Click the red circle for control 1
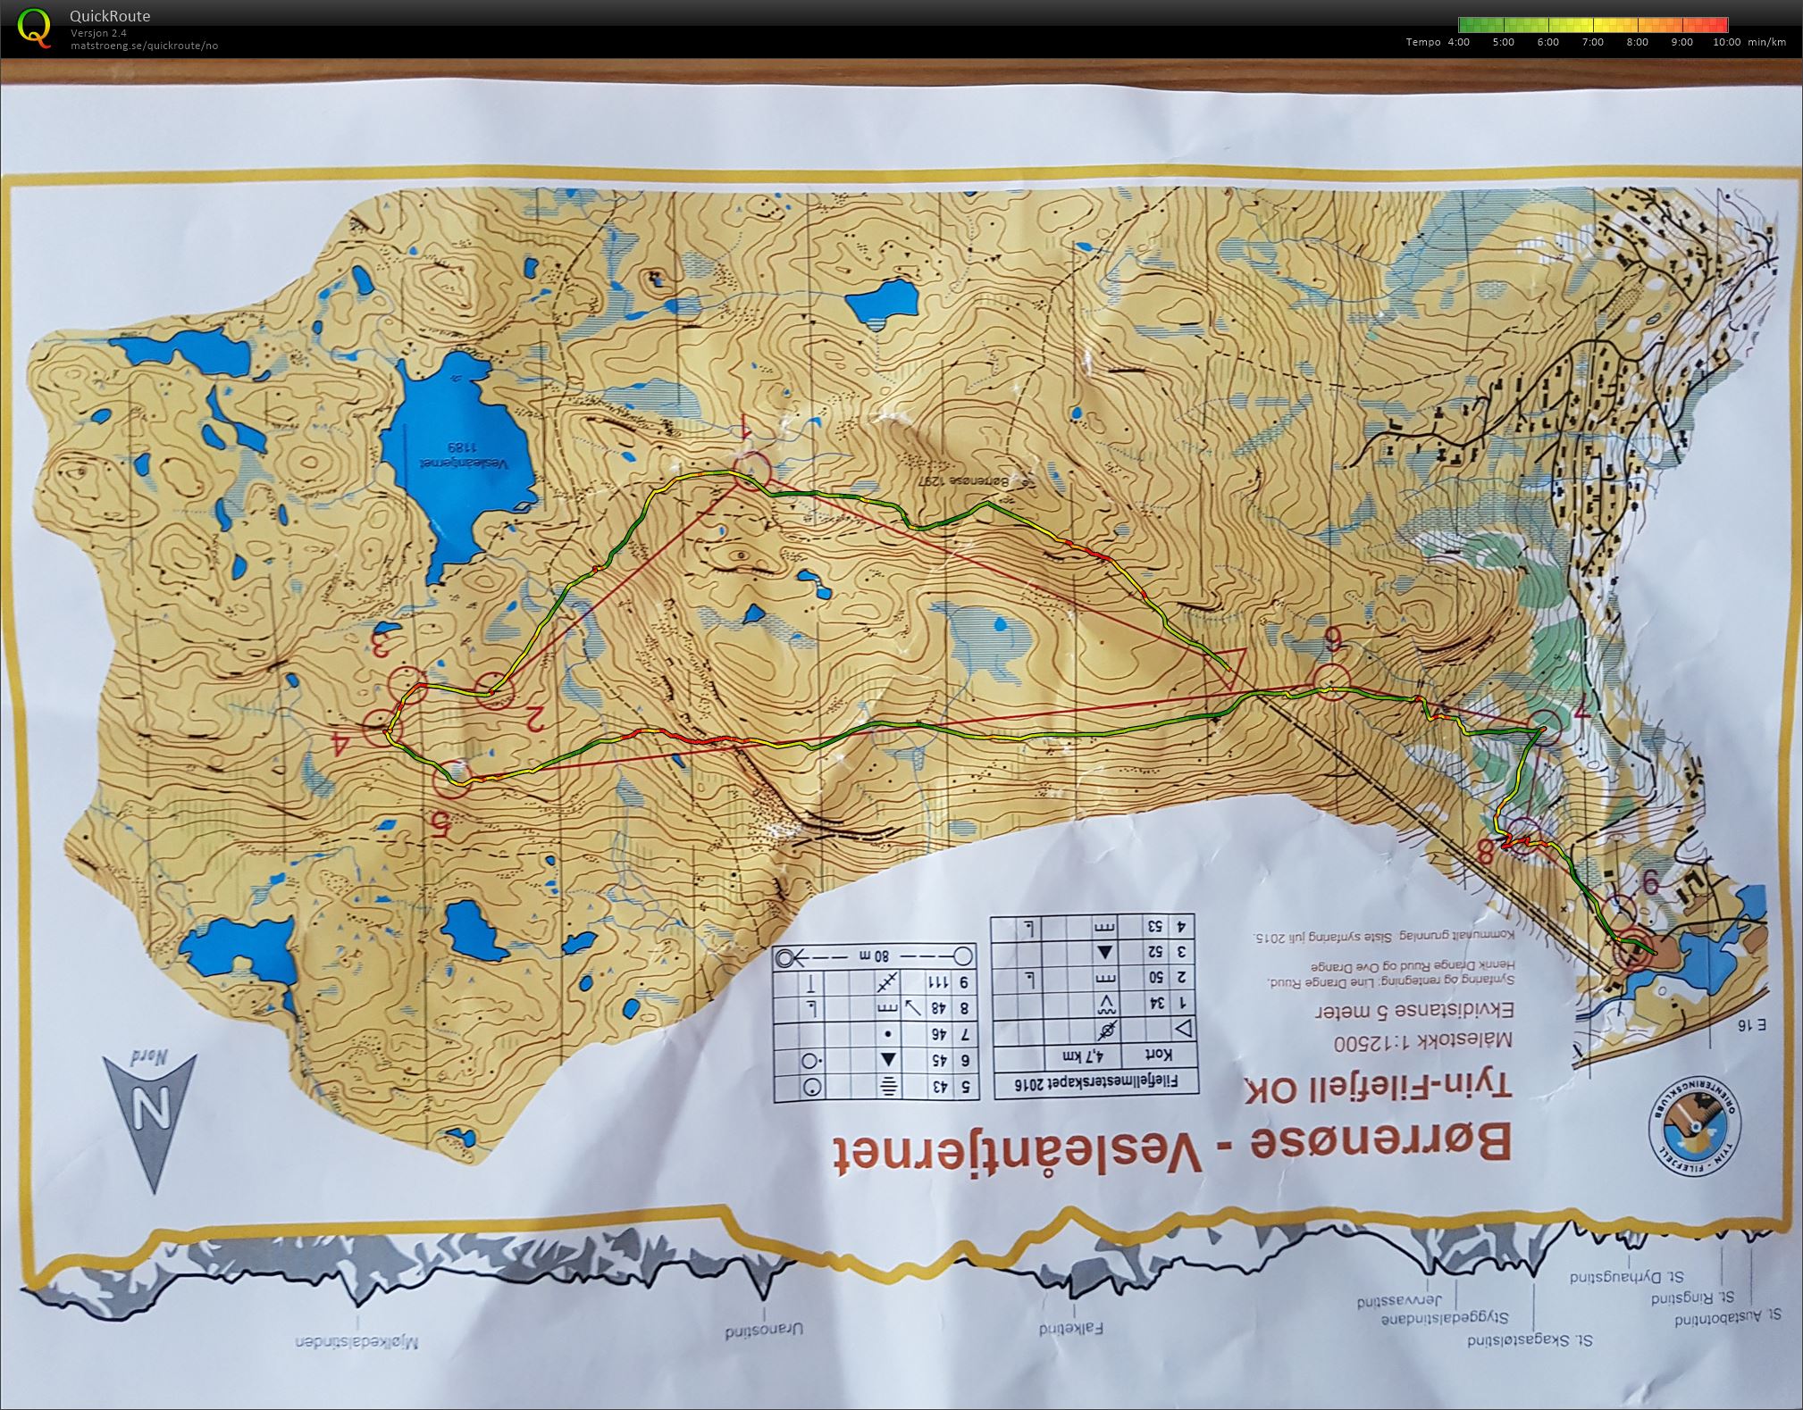752,471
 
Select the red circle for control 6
1331,682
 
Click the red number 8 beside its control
1485,852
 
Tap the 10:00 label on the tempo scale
1726,42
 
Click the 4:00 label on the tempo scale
1457,42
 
